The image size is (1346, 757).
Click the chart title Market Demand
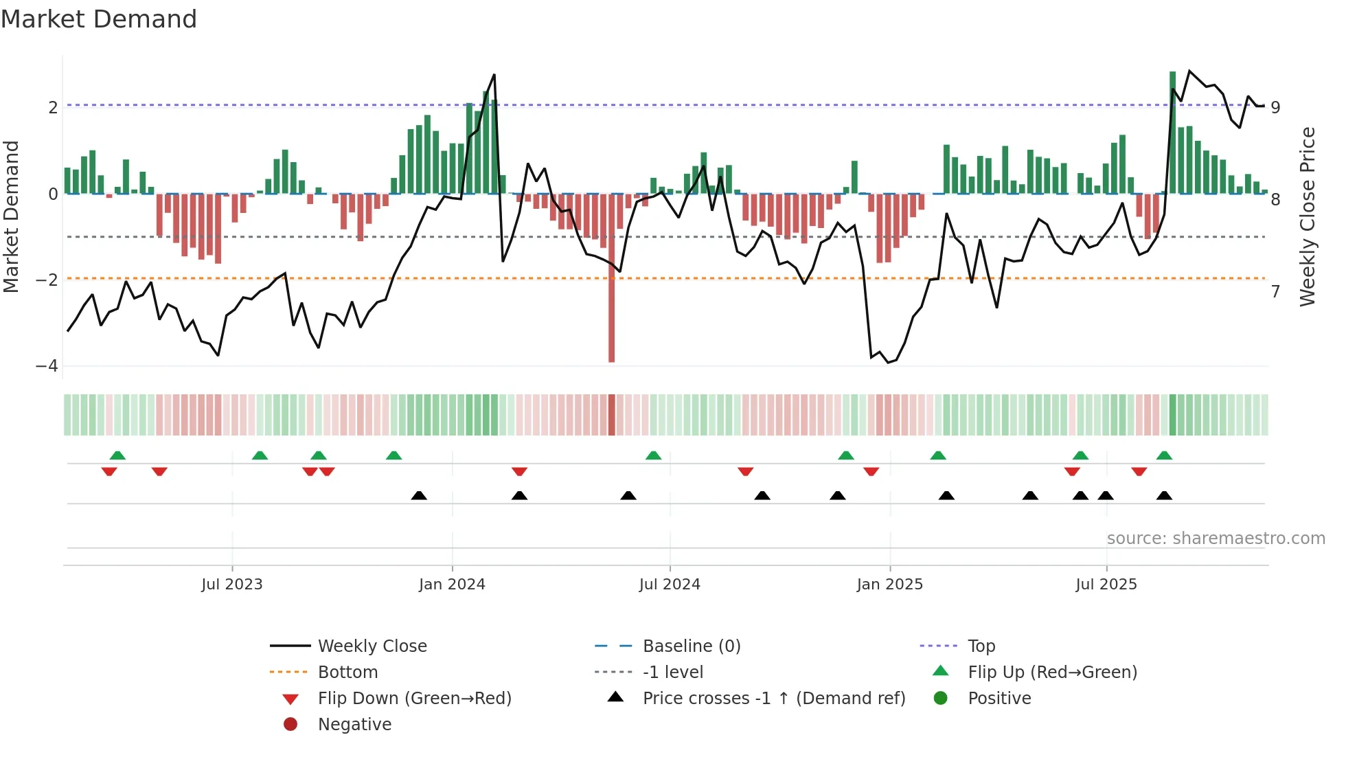click(x=99, y=19)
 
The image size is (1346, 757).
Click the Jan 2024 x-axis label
click(x=452, y=585)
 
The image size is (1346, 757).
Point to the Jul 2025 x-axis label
click(x=1106, y=585)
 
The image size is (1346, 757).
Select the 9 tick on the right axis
click(x=1275, y=108)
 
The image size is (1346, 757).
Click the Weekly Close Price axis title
click(x=1307, y=216)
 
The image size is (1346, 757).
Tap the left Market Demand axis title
click(x=12, y=216)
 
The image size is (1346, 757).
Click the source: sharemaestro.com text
click(x=1216, y=539)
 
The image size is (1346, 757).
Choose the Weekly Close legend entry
click(x=372, y=646)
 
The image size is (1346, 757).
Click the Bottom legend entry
click(x=347, y=673)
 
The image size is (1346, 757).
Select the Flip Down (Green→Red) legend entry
click(x=414, y=699)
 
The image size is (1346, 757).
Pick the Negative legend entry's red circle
click(x=290, y=725)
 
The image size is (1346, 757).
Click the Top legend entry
click(x=981, y=646)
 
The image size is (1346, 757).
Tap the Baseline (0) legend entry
click(x=691, y=646)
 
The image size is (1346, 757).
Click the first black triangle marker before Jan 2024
click(x=419, y=495)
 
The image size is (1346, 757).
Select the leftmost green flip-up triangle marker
click(x=117, y=455)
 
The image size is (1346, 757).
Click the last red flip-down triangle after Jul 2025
click(x=1139, y=471)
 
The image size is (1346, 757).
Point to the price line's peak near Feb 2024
click(x=494, y=75)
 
